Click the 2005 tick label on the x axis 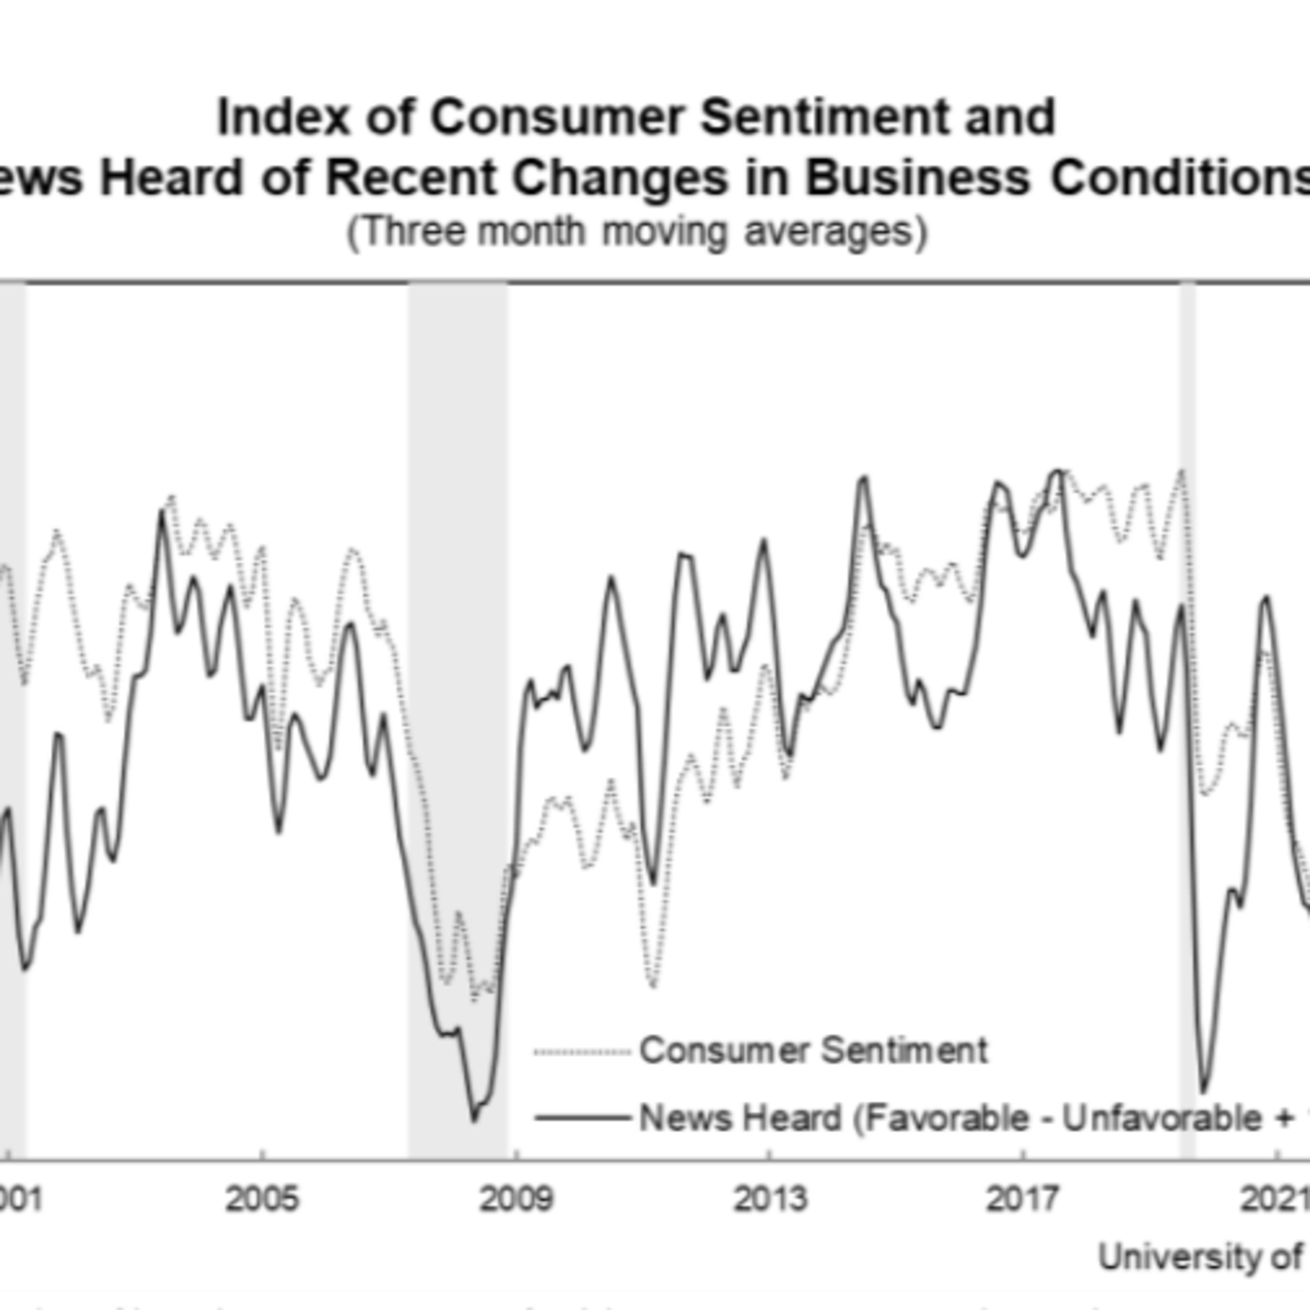coord(262,1199)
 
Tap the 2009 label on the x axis coord(516,1199)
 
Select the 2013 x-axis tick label coord(770,1199)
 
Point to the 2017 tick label coord(1023,1199)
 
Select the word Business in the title coord(917,178)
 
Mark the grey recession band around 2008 coord(458,678)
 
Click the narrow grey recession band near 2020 coord(1188,678)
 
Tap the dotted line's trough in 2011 coord(653,985)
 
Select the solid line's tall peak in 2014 coord(864,478)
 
